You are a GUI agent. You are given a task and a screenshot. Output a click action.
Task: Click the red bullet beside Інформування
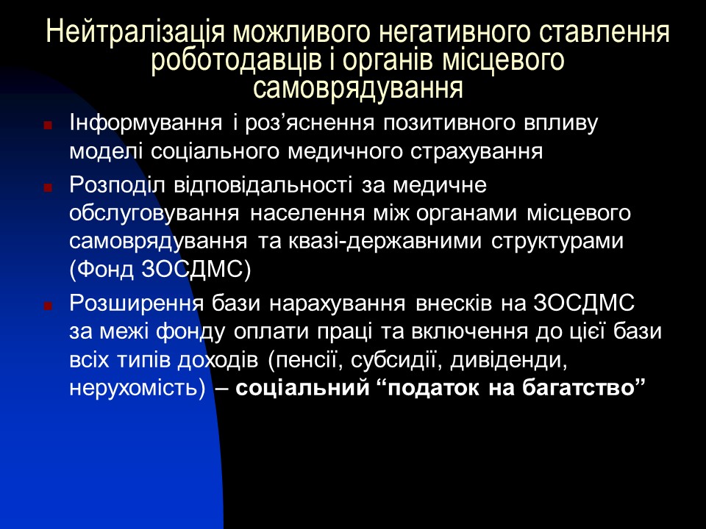tap(48, 126)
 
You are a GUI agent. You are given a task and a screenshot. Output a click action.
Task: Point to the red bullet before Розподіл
tap(48, 187)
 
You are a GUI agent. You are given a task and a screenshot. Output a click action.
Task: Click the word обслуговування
tap(153, 214)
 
